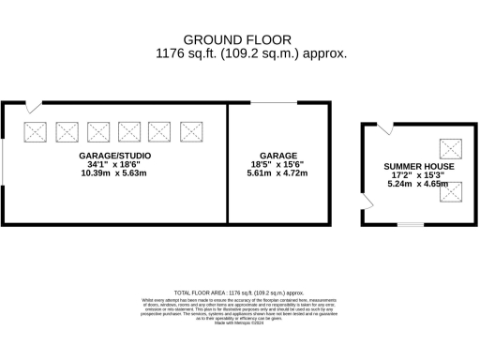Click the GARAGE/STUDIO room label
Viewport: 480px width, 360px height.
[113, 155]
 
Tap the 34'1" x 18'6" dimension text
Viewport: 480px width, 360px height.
[113, 164]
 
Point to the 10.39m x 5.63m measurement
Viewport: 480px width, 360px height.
[113, 173]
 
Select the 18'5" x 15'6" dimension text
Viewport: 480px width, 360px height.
[278, 164]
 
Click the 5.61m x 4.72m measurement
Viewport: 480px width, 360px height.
[278, 173]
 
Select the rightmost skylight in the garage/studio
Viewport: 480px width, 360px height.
[191, 131]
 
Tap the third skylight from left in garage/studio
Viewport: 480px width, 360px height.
[98, 131]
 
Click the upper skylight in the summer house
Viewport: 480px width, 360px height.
[451, 148]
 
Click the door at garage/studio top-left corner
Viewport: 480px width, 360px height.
[33, 107]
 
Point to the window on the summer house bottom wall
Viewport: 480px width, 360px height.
[410, 224]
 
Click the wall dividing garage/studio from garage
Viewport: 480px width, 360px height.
[229, 163]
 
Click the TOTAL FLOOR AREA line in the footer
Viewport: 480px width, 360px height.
[239, 293]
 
